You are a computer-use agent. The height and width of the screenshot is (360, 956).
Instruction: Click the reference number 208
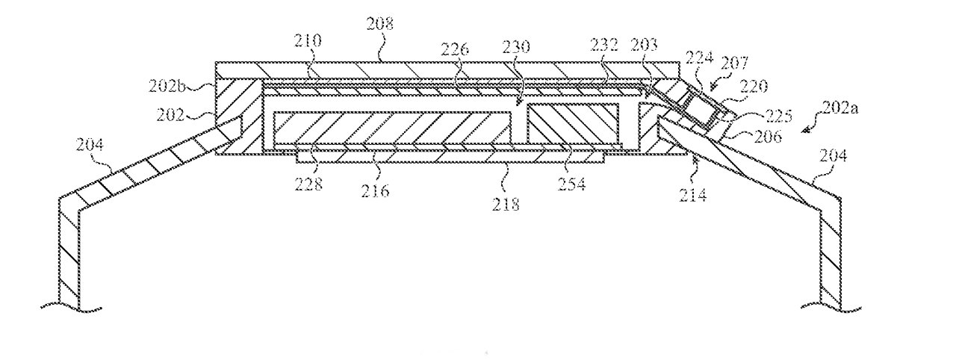point(380,23)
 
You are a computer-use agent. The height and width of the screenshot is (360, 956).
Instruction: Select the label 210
point(307,40)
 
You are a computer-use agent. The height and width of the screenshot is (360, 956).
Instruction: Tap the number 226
point(455,49)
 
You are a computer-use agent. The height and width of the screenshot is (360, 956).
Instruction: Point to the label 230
point(515,46)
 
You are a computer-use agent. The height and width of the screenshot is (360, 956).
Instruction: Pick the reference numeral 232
point(605,45)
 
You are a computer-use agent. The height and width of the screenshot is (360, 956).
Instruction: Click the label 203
point(644,45)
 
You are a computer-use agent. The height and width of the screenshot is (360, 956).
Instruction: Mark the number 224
point(700,58)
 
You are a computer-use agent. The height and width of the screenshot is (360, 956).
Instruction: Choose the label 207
point(734,63)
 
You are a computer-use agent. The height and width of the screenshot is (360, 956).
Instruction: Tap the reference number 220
point(754,87)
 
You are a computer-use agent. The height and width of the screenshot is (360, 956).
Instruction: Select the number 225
point(778,116)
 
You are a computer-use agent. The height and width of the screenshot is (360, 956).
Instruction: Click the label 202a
point(840,108)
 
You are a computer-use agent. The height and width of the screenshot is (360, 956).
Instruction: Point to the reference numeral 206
point(768,137)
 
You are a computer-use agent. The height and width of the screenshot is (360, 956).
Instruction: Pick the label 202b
point(167,87)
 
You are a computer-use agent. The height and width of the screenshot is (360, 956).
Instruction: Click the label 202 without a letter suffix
point(170,115)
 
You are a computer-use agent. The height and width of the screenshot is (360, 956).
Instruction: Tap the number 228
point(308,184)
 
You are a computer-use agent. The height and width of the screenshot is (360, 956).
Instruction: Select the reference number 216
point(375,190)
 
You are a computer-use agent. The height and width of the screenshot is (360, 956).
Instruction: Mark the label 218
point(506,205)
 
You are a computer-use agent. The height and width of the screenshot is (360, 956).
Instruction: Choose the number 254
point(572,184)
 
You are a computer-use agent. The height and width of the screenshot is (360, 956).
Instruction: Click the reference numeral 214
point(693,195)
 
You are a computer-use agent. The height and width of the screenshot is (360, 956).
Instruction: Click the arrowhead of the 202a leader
point(804,131)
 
